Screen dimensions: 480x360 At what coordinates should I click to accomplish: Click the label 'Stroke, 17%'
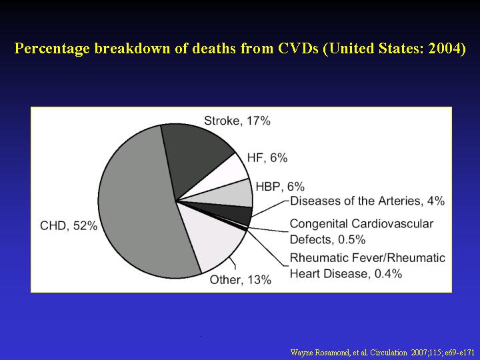pos(237,121)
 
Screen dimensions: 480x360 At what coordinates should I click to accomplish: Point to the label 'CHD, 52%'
pos(69,226)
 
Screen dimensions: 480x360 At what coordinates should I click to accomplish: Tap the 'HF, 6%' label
pos(267,158)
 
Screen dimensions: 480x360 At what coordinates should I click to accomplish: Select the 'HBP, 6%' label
pos(280,187)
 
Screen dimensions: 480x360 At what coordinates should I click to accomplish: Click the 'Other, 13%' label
pos(240,279)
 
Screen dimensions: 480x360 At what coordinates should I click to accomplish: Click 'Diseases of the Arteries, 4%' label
pos(367,201)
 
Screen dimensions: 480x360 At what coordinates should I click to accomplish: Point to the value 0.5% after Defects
pos(352,239)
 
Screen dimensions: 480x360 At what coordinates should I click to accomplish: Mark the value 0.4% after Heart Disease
pos(388,273)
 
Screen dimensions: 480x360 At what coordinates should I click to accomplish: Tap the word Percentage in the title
pos(53,49)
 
